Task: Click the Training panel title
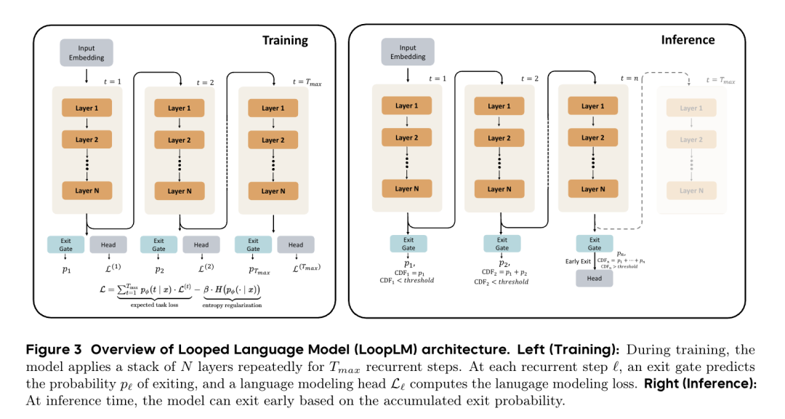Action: point(285,41)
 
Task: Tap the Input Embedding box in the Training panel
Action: point(86,53)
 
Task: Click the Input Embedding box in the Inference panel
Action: point(408,52)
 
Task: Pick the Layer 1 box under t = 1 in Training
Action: point(86,108)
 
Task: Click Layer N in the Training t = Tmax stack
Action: point(273,191)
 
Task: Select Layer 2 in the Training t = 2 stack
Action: point(180,140)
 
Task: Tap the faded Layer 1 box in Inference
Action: point(692,108)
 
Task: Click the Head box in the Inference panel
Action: point(595,277)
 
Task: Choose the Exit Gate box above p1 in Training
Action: point(66,245)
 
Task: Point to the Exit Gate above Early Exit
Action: point(595,244)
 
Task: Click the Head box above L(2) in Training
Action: point(201,245)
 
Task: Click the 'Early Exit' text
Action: point(579,261)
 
